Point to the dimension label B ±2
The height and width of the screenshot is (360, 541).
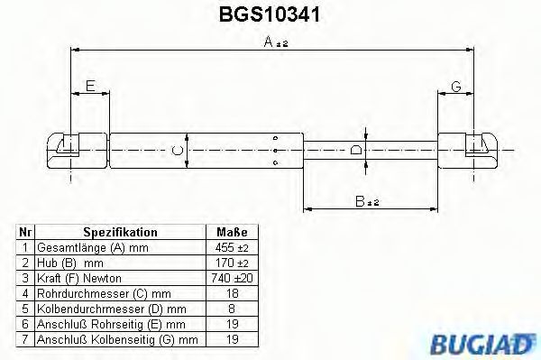pos(365,203)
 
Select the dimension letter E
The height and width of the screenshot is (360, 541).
pos(89,87)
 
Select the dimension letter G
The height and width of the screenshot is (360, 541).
pos(456,87)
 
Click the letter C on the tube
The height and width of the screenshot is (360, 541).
pos(178,149)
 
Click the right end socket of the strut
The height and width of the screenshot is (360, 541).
pos(478,147)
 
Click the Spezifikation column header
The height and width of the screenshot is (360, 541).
pos(120,232)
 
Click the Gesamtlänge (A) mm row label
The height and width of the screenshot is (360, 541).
pos(91,247)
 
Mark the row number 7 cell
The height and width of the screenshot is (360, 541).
pos(26,339)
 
